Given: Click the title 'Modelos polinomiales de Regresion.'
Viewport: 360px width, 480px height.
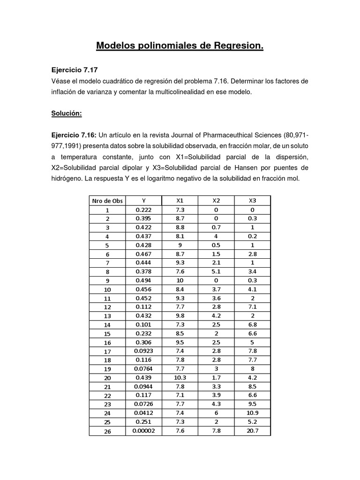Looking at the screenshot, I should click(x=180, y=46).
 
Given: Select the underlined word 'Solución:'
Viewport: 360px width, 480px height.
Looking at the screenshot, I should click(x=67, y=114).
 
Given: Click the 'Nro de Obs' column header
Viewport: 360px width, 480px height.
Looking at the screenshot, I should click(x=107, y=201).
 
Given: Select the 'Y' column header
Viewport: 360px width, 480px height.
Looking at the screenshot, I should click(x=143, y=201).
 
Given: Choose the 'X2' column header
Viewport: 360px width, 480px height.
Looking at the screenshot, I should click(x=216, y=201).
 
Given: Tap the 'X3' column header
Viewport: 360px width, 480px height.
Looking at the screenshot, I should click(x=252, y=201).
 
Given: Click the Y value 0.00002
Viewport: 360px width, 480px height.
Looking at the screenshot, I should click(x=143, y=431).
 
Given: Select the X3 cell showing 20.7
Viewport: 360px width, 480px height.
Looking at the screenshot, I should click(x=252, y=431).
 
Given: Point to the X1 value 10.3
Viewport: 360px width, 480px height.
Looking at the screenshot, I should click(x=180, y=378).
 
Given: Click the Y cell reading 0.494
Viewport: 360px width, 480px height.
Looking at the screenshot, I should click(x=143, y=280).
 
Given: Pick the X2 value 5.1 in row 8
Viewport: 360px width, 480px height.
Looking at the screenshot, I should click(x=216, y=271).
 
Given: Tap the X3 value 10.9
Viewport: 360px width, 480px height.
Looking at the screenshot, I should click(x=252, y=413).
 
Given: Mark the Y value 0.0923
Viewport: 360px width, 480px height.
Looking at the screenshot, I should click(x=143, y=351).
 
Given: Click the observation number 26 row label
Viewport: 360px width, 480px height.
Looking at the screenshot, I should click(x=107, y=431).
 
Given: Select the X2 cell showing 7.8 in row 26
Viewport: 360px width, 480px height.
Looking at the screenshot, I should click(x=216, y=431).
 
